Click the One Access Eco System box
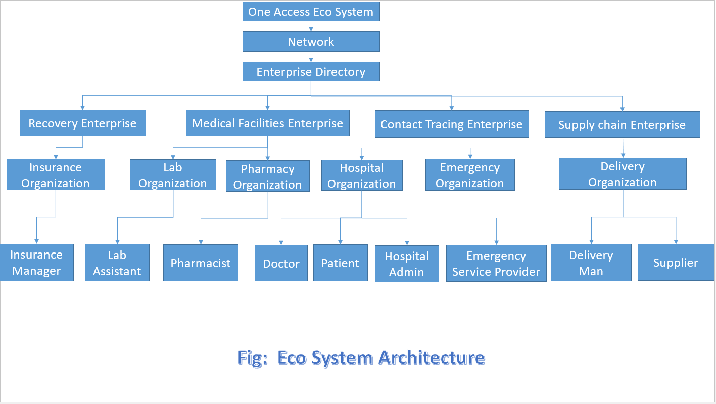[x=311, y=12]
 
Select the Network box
[x=311, y=41]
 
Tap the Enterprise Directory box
[x=311, y=72]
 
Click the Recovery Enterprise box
[x=83, y=123]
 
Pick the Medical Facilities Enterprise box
[x=267, y=123]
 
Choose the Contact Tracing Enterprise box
[x=452, y=124]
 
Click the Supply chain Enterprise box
[x=623, y=125]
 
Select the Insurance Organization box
[x=56, y=175]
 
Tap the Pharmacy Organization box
[x=267, y=176]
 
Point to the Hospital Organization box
[x=362, y=175]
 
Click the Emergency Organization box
[x=470, y=175]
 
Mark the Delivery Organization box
[x=623, y=174]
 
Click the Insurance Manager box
[x=36, y=263]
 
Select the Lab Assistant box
[x=117, y=263]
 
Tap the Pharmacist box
[x=201, y=263]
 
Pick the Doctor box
[x=281, y=263]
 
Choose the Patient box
[x=341, y=263]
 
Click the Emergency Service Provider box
[x=496, y=264]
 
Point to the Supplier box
[x=676, y=263]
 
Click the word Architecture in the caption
[x=432, y=358]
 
